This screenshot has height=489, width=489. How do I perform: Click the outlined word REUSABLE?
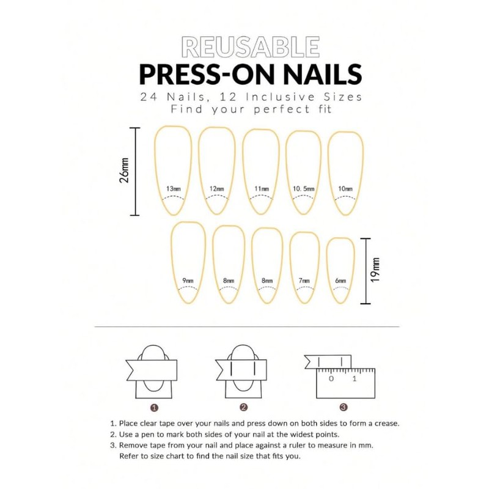[x=250, y=47]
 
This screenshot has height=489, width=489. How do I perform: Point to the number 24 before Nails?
[x=147, y=97]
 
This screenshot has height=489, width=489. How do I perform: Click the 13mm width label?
[x=173, y=189]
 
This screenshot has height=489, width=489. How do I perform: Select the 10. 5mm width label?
[x=304, y=189]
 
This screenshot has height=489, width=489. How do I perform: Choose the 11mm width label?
[x=261, y=189]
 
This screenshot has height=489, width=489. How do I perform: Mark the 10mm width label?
[x=345, y=189]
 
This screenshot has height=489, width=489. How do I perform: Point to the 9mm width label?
[x=188, y=281]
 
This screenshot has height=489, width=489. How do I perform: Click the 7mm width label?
[x=304, y=281]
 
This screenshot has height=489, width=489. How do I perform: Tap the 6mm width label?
[x=340, y=281]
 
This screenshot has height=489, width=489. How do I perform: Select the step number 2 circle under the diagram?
[x=244, y=406]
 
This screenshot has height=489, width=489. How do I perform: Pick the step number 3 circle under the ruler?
[x=344, y=406]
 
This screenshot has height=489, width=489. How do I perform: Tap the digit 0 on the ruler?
[x=331, y=378]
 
